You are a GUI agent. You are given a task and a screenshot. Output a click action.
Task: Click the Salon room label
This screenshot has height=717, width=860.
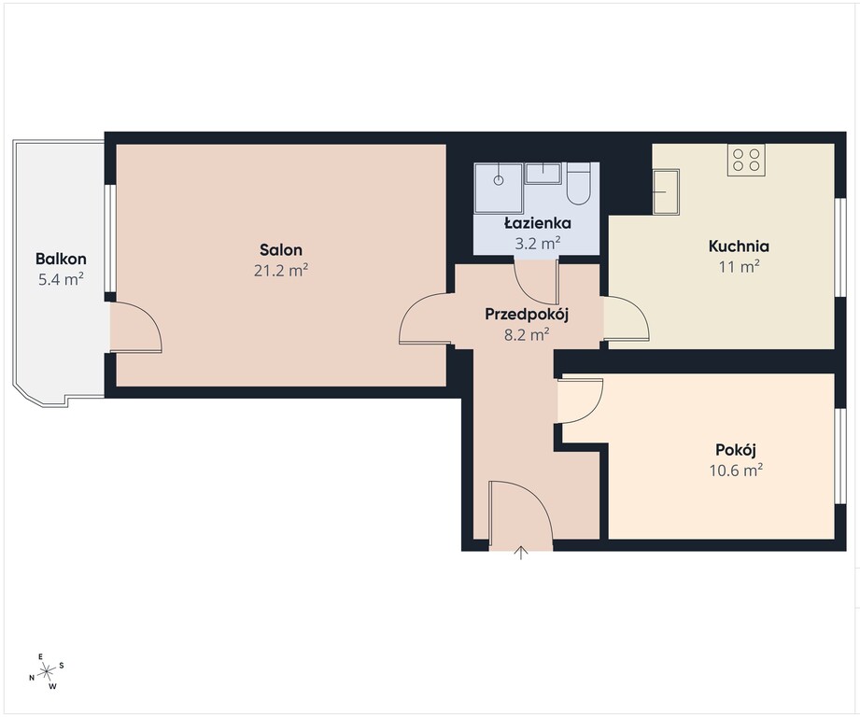point(281,250)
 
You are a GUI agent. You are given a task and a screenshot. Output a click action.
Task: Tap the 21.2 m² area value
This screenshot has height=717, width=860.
point(281,270)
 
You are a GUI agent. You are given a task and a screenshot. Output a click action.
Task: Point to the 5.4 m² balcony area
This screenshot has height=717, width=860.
point(61,279)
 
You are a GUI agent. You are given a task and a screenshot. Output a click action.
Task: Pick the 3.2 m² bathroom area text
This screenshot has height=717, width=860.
point(538,244)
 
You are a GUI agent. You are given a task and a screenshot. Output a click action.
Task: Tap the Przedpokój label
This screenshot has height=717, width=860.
point(527,315)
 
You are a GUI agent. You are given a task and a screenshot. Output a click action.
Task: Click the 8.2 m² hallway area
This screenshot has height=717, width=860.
point(527,334)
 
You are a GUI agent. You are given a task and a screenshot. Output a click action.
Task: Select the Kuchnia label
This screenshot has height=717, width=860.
point(739,246)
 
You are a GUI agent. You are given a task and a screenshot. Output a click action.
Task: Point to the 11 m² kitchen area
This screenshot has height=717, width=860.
point(739,266)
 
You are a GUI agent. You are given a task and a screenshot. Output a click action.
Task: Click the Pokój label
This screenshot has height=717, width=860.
point(736,450)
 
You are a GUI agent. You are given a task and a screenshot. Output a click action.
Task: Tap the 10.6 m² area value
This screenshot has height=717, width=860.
point(736,471)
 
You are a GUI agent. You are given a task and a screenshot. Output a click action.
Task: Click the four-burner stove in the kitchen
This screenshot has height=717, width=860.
point(746,160)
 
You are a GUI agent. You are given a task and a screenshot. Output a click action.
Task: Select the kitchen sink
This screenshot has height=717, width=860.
point(666,191)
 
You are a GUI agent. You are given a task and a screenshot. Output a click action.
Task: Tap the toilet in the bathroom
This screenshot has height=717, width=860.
point(578,184)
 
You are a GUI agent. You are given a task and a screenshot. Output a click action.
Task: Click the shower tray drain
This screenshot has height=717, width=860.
point(499,180)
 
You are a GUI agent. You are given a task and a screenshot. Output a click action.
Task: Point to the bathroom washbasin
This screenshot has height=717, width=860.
point(543,174)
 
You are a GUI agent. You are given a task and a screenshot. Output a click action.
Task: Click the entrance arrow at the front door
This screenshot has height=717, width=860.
point(520,553)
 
